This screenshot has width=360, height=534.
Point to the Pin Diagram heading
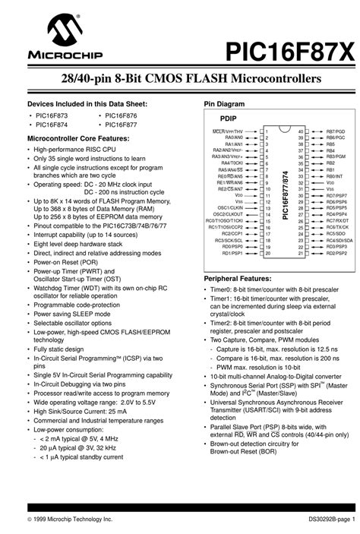point(223,103)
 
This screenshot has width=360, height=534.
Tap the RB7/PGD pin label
point(335,131)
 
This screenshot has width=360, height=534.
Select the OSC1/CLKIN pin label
point(230,207)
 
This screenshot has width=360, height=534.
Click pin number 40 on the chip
point(300,131)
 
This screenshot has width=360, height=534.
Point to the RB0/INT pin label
point(334,175)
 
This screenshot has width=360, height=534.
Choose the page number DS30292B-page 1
point(321,517)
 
